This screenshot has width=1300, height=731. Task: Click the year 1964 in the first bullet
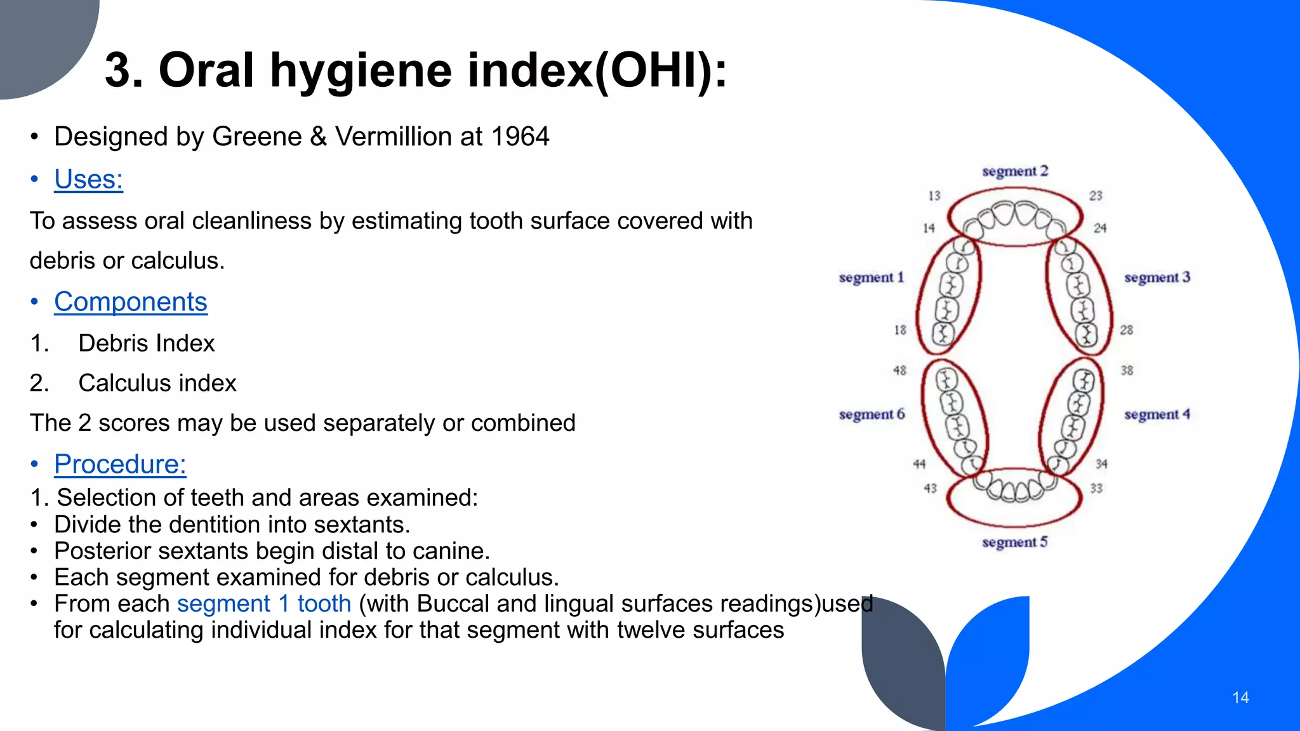click(520, 137)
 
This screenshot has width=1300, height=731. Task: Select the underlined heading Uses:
click(88, 180)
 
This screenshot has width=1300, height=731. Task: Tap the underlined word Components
click(130, 302)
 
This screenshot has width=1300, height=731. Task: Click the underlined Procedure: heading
click(120, 464)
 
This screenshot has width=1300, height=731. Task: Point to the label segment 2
click(1015, 171)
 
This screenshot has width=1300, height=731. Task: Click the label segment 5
click(1014, 543)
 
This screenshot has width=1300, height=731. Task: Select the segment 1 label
click(871, 278)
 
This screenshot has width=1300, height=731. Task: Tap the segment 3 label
click(1157, 278)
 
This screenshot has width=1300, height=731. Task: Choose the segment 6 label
click(871, 415)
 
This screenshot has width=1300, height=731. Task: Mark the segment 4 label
click(1157, 415)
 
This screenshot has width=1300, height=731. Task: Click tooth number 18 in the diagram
click(900, 330)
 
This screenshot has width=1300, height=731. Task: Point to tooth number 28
click(1126, 330)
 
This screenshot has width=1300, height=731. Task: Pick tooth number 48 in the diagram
click(899, 370)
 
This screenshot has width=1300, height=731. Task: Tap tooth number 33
click(1096, 489)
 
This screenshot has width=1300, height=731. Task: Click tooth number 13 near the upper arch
click(934, 196)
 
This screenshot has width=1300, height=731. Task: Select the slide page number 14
click(1240, 698)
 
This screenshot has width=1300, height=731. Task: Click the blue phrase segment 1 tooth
click(263, 604)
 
